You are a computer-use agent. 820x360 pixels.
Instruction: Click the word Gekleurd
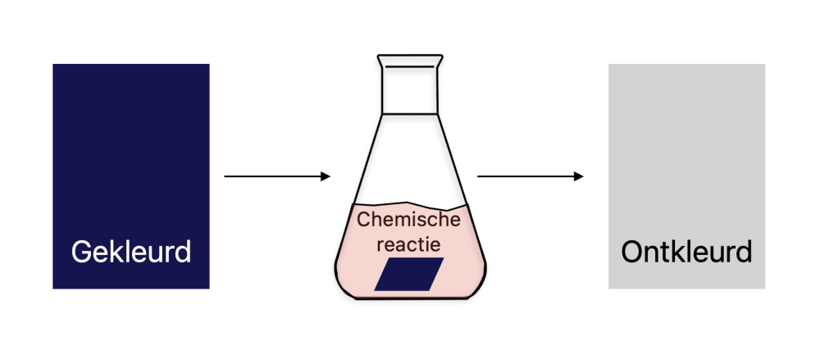[131, 251]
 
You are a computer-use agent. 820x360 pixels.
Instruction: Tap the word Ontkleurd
[686, 251]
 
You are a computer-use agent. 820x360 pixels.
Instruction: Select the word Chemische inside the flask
[409, 221]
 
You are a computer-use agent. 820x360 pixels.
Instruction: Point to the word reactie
[408, 244]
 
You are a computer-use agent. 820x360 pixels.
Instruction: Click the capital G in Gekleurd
[81, 251]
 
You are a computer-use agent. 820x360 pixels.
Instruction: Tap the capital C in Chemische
[364, 221]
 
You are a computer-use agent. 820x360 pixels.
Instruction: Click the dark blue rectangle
[131, 148]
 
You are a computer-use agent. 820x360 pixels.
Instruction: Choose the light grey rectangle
[686, 148]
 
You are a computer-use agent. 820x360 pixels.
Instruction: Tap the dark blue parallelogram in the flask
[409, 274]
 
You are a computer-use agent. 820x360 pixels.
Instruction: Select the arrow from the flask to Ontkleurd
[530, 176]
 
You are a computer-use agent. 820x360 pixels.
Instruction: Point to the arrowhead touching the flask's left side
[326, 176]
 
